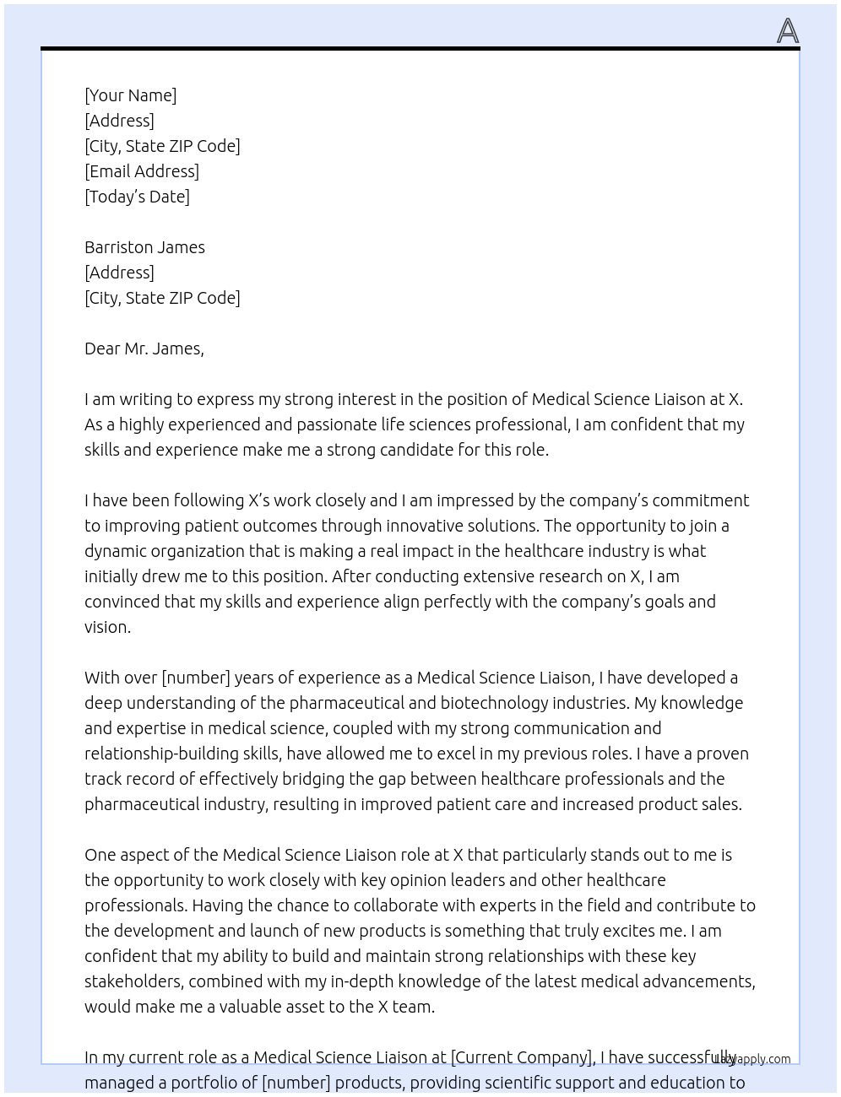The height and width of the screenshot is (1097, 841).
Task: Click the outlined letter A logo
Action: (x=787, y=31)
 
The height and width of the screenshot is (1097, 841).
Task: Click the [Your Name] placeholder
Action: (x=130, y=95)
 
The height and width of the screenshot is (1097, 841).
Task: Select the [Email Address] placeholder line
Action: (x=142, y=171)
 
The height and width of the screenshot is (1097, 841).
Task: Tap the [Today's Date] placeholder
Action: (x=137, y=197)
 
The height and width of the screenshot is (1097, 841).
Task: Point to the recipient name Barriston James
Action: (x=144, y=247)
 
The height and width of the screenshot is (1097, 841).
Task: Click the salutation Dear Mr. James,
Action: (x=144, y=349)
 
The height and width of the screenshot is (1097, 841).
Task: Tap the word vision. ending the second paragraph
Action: (x=107, y=627)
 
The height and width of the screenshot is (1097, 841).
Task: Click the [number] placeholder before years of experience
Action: (x=196, y=678)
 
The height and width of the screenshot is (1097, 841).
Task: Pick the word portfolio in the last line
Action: (x=206, y=1083)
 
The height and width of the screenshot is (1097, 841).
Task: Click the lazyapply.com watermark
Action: (x=752, y=1059)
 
